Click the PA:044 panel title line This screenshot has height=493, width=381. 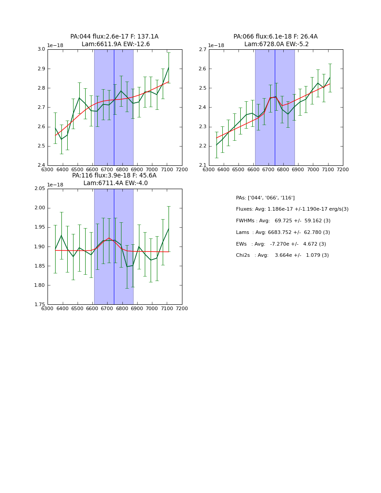coord(114,37)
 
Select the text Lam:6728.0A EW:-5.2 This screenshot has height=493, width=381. coord(275,44)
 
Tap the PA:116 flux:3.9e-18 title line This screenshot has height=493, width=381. coord(114,176)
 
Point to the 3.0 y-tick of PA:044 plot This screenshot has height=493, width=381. coord(41,49)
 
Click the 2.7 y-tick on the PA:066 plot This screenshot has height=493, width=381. coord(202,49)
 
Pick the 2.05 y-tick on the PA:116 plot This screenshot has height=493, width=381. coord(39,189)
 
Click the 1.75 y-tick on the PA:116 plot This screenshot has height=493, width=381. coord(39,305)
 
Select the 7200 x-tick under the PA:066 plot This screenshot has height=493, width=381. coord(342,169)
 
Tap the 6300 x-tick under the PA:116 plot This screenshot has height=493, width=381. coord(48,308)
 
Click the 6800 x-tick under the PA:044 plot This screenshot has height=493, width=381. coord(122,169)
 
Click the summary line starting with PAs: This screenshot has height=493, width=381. coord(265,198)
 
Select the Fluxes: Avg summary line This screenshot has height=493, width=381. coord(292,209)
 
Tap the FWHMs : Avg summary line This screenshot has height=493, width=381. coord(283,221)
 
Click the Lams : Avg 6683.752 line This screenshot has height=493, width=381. coord(283,233)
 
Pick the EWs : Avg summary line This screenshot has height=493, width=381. coord(281,244)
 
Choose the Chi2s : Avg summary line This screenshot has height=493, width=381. coord(282,255)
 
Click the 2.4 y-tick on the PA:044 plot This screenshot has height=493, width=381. coord(41,165)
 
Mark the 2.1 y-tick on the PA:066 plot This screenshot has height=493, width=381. coord(202,165)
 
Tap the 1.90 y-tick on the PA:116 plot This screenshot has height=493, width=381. coord(39,247)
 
